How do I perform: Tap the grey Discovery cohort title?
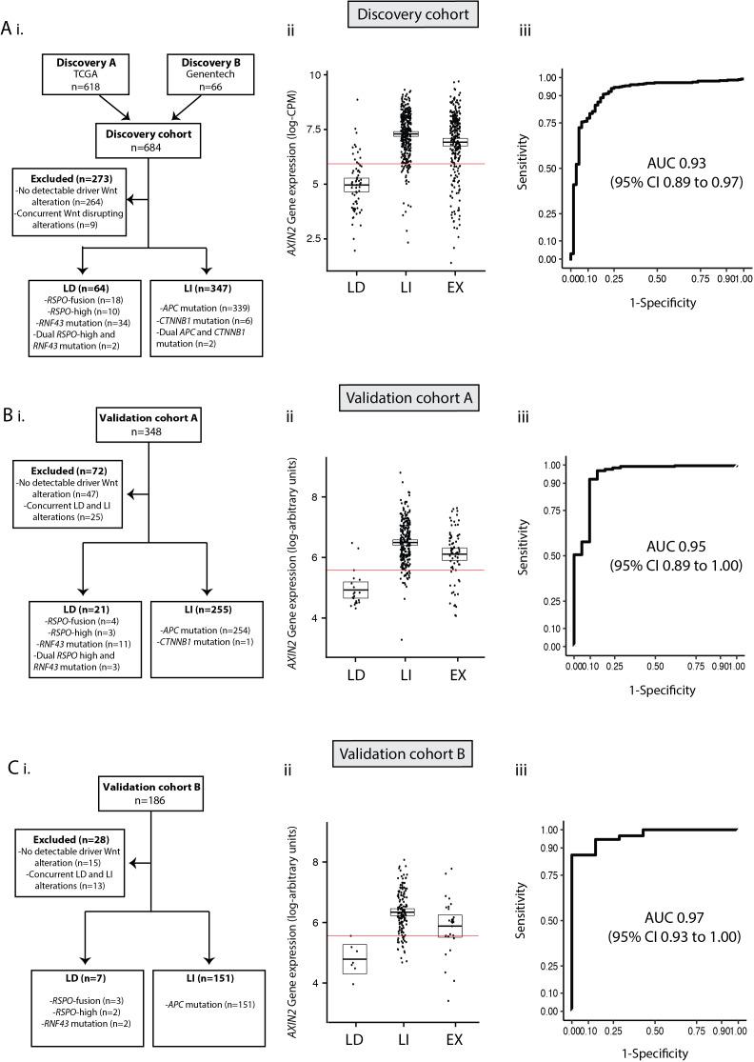tap(432, 16)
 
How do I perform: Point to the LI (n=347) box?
tap(203, 318)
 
